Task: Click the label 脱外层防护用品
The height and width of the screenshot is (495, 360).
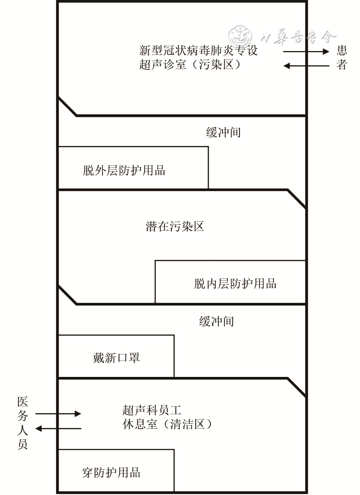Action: (x=124, y=170)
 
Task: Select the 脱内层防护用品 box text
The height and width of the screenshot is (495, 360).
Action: (x=235, y=284)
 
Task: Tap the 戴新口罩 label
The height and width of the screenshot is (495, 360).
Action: (x=116, y=358)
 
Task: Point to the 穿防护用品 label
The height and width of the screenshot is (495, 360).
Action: (x=111, y=473)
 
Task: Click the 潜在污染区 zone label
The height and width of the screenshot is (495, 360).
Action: (x=175, y=226)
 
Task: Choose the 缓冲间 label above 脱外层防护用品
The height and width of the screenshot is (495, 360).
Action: (x=223, y=132)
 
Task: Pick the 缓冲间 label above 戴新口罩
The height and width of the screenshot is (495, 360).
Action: (x=216, y=321)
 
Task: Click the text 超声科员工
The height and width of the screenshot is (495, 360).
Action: (x=152, y=410)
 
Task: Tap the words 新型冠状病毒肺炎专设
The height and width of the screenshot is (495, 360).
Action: (x=198, y=50)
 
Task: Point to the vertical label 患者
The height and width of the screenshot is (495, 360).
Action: (x=342, y=58)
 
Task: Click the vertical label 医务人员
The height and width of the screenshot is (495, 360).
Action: (x=22, y=423)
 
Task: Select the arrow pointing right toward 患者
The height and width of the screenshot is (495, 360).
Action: (x=306, y=51)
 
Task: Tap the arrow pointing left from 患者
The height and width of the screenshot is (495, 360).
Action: (x=306, y=66)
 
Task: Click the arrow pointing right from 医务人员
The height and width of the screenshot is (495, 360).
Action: (x=58, y=413)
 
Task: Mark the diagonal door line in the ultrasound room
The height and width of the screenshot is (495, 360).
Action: (x=67, y=106)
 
